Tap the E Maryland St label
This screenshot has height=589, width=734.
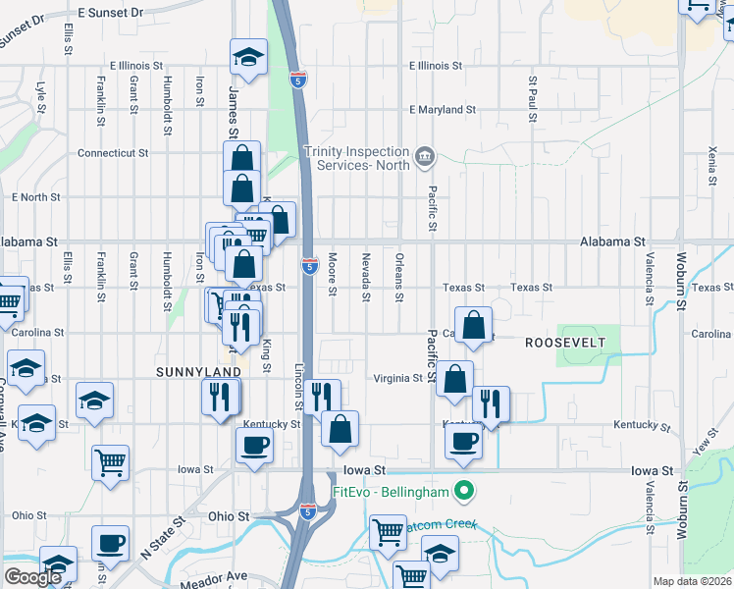[x=442, y=110]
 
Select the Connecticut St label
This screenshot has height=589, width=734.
[x=112, y=153]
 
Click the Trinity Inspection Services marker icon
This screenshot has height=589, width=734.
[x=425, y=155]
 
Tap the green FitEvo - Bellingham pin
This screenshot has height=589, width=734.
[x=469, y=491]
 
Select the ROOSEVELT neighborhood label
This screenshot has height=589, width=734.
[x=564, y=342]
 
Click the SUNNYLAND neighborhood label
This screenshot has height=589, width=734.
[x=198, y=373]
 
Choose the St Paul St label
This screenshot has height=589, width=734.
[x=533, y=98]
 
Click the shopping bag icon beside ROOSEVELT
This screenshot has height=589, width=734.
[x=473, y=327]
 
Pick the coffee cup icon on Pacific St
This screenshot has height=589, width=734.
[x=464, y=441]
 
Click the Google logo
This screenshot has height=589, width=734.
[x=32, y=577]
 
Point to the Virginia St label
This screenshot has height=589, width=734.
[x=397, y=378]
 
